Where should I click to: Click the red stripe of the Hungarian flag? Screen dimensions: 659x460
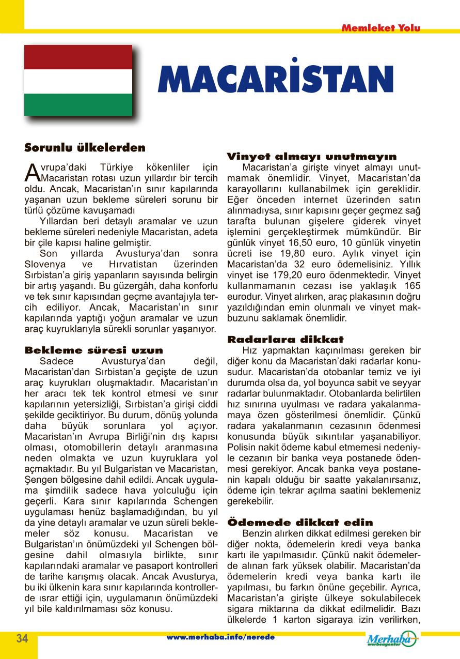pos(78,56)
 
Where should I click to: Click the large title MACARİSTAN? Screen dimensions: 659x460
pos(276,80)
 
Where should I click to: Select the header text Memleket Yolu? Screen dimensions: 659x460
pos(381,28)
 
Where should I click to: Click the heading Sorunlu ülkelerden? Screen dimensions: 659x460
pos(85,148)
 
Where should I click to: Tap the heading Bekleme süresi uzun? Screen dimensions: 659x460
pos(94,350)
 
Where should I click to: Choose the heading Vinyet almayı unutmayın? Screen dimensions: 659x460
pos(312,156)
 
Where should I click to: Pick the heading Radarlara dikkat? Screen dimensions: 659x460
pos(285,340)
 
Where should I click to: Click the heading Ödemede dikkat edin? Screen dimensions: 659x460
pos(300,523)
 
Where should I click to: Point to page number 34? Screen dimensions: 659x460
pos(22,638)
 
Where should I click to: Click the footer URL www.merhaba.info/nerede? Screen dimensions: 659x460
pos(220,637)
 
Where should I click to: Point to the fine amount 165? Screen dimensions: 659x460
pos(410,286)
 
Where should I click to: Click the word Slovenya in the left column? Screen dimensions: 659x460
pos(45,264)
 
